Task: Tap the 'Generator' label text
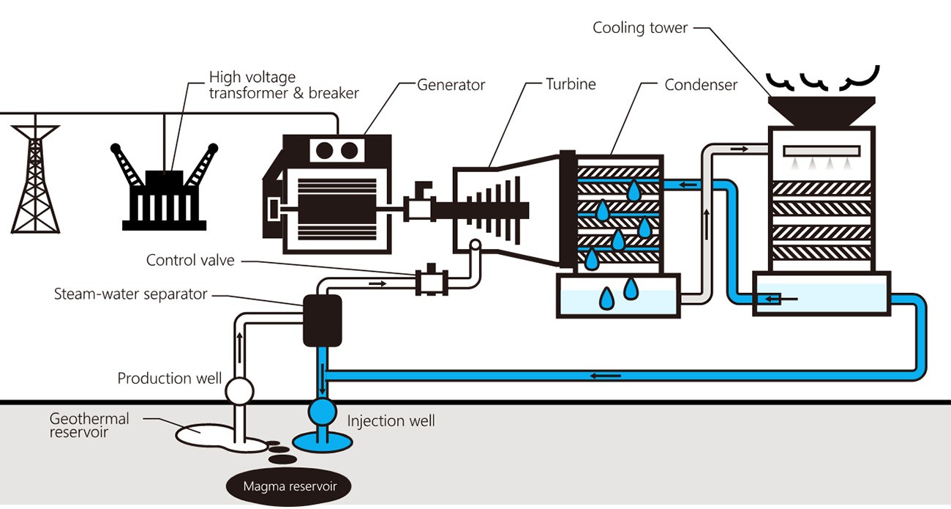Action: pyautogui.click(x=451, y=84)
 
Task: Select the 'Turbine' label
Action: pyautogui.click(x=571, y=83)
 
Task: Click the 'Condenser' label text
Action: pyautogui.click(x=700, y=85)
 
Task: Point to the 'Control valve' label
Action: pyautogui.click(x=190, y=260)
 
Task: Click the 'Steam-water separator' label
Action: pyautogui.click(x=131, y=294)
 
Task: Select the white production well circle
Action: pyautogui.click(x=238, y=391)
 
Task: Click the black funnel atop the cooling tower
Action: pyautogui.click(x=822, y=110)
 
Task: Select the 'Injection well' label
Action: pyautogui.click(x=391, y=420)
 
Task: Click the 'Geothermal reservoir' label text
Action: pyautogui.click(x=89, y=425)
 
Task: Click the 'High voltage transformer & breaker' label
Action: pyautogui.click(x=283, y=84)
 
